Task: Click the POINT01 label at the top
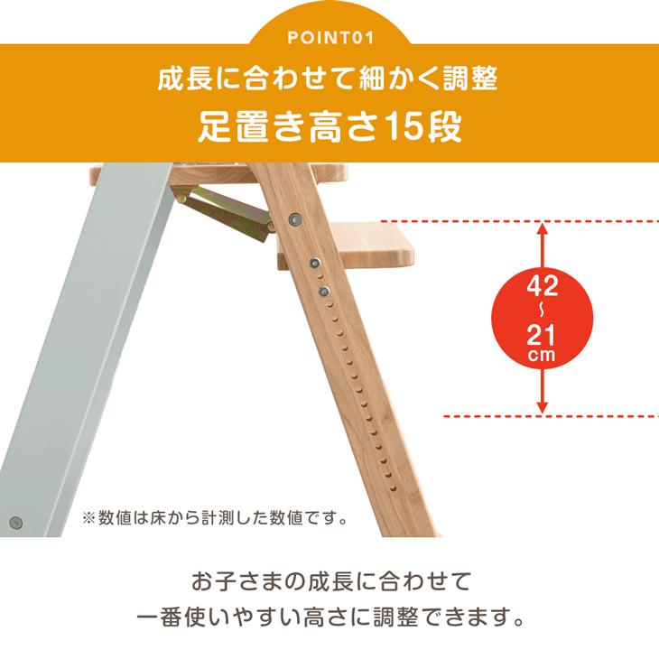click(x=329, y=38)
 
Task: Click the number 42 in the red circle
click(x=542, y=288)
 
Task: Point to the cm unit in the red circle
click(x=542, y=356)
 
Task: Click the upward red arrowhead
click(x=542, y=228)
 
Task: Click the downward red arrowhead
click(x=542, y=407)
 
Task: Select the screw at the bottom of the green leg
click(x=15, y=521)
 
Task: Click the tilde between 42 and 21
click(x=542, y=311)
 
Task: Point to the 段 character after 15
click(x=442, y=127)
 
